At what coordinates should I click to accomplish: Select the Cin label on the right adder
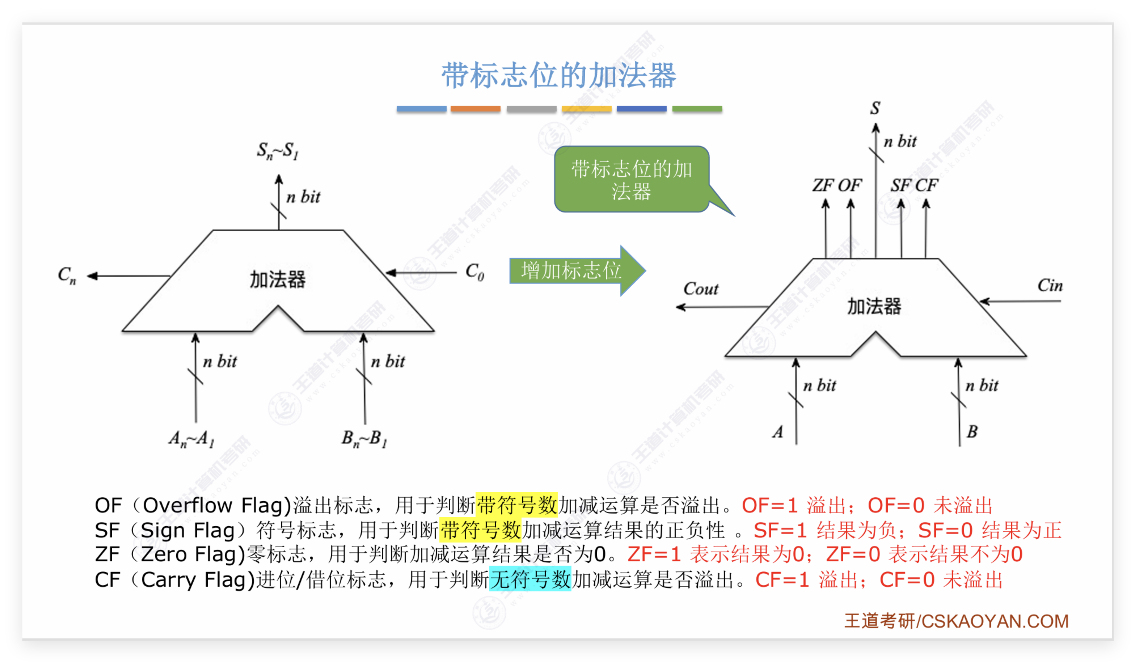point(1050,285)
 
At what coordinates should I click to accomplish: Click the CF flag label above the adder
point(926,185)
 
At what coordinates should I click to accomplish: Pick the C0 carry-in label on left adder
point(475,272)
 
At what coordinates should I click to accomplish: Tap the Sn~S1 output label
point(278,151)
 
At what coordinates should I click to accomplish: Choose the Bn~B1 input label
point(364,438)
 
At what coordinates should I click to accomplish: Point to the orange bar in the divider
point(475,109)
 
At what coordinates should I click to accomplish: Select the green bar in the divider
point(697,109)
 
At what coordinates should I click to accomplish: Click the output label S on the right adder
point(875,108)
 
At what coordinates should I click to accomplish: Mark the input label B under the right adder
point(972,432)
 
